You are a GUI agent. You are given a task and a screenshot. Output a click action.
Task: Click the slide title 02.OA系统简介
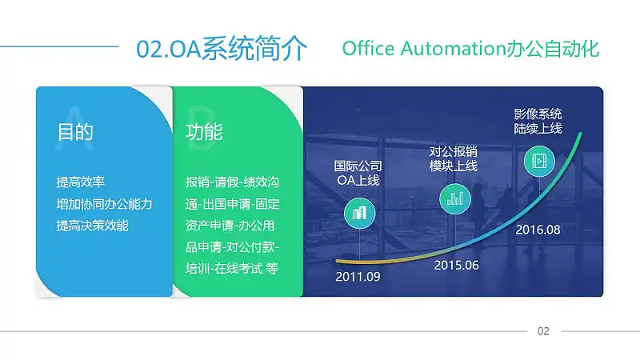(x=222, y=49)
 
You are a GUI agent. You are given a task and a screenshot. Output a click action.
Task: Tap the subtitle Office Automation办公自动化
(x=470, y=49)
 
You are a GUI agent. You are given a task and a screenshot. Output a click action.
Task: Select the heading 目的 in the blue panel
(x=75, y=132)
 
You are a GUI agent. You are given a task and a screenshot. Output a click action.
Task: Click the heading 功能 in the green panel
(x=204, y=132)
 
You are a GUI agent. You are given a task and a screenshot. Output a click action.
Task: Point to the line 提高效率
(x=81, y=182)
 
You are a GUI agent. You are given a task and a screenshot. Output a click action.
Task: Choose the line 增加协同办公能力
(x=104, y=204)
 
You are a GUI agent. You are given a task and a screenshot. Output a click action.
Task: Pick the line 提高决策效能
(x=92, y=226)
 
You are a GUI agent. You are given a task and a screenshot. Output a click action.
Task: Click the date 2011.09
(x=358, y=277)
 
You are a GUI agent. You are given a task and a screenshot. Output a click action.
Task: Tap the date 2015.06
(x=456, y=266)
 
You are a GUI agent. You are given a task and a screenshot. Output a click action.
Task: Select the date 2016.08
(x=538, y=230)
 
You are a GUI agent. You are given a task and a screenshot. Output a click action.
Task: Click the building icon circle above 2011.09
(x=359, y=213)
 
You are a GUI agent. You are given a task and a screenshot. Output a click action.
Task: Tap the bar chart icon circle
(x=455, y=198)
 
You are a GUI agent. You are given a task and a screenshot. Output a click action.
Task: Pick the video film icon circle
(x=539, y=161)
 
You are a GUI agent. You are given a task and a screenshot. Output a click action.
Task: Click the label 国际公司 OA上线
(x=358, y=173)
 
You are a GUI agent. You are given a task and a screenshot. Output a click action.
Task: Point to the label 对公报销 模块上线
(x=453, y=158)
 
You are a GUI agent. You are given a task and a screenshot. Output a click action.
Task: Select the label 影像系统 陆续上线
(x=538, y=122)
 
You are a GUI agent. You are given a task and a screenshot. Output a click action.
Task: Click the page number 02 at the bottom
(x=543, y=331)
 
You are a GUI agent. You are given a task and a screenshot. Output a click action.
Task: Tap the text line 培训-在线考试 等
(x=232, y=268)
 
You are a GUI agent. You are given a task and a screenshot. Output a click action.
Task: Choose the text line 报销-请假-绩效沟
(x=232, y=182)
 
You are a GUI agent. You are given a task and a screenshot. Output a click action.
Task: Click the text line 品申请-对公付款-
(x=232, y=247)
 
